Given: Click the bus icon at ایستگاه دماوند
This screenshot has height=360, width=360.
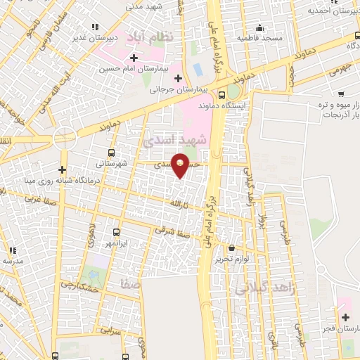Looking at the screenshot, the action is pos(222,95).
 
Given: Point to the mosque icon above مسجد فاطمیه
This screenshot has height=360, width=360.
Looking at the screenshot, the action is pos(259,26).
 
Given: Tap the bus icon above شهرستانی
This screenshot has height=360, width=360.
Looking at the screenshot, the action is pos(112,152).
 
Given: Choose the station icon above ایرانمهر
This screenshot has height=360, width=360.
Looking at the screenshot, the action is pos(117,232).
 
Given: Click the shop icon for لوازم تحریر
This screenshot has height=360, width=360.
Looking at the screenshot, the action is pos(232,247).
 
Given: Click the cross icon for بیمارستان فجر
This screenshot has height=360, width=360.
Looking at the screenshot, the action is pos(345,317).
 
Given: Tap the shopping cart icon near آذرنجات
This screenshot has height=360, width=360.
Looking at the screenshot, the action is pos(341,94).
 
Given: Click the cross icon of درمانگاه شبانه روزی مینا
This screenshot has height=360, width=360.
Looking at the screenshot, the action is pos(63,169).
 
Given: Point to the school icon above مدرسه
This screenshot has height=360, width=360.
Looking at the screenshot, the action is pos(12,250).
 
